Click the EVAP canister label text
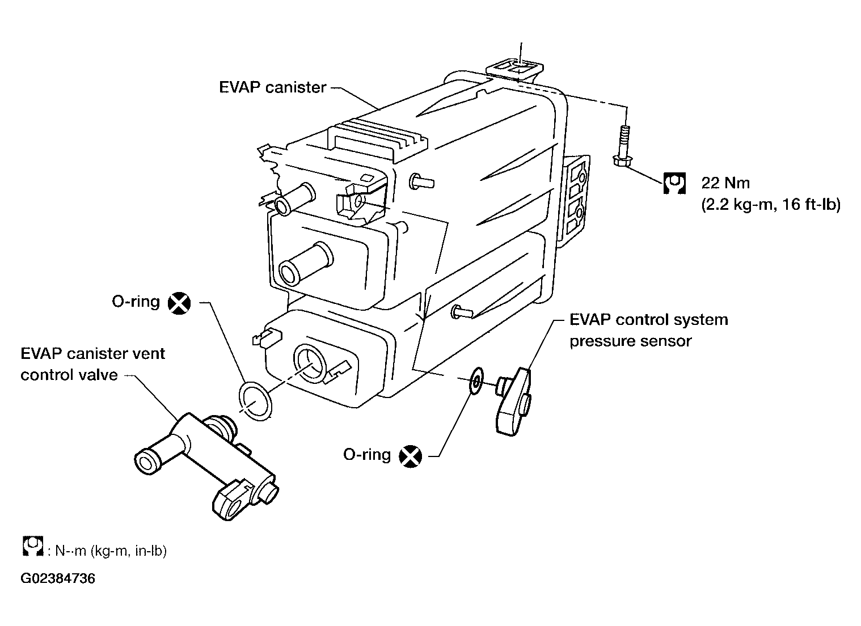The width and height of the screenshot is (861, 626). point(272,87)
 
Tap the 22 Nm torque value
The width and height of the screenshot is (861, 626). point(725,183)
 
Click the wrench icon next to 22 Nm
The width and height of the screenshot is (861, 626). point(674,183)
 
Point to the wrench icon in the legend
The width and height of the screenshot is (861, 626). point(32,546)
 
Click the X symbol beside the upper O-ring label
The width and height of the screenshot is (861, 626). point(179,303)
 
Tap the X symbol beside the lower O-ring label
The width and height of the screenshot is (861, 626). point(410,456)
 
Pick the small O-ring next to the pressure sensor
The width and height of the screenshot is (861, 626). point(476,381)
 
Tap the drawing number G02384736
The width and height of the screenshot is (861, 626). point(58,578)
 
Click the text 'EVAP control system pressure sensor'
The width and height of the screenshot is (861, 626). point(648,330)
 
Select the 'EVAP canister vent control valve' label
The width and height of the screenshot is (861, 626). point(92,364)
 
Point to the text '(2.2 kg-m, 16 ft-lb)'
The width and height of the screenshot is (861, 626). point(771,205)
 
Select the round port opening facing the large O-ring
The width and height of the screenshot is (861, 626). point(310,363)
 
